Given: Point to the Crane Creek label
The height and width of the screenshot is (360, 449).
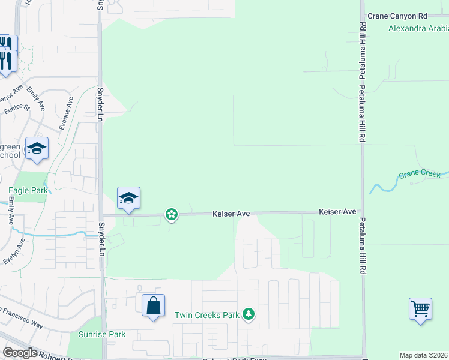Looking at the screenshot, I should (419, 175).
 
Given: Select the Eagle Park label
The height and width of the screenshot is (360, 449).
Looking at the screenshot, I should (28, 191).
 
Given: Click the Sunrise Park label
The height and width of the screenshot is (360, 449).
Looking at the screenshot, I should (102, 334).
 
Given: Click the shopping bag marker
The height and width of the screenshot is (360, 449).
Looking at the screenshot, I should (154, 305).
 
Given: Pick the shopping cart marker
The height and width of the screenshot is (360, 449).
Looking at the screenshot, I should (421, 310).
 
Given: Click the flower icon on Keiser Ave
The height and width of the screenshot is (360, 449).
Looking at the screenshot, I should (172, 214).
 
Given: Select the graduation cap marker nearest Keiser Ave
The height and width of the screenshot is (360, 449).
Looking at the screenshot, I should (128, 199).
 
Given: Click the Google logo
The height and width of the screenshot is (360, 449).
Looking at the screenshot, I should (19, 353).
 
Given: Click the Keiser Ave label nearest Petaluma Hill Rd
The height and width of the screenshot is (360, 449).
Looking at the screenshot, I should (337, 212).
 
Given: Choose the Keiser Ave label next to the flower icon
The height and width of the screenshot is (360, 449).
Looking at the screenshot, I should (231, 214).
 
